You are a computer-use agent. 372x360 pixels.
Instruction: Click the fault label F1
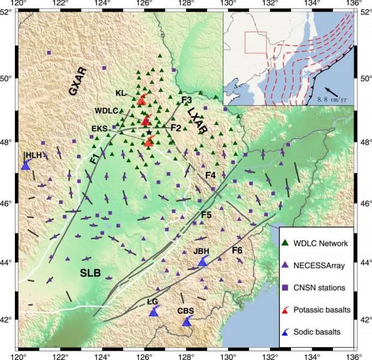click(94, 159)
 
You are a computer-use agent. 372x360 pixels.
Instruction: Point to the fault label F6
click(237, 251)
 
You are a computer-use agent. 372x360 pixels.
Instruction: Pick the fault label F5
click(206, 214)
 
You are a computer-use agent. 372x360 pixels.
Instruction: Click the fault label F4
click(210, 176)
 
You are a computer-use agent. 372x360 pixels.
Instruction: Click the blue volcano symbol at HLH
click(26, 165)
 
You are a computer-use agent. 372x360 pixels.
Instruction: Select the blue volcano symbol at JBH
click(202, 262)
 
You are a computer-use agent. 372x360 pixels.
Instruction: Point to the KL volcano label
click(121, 93)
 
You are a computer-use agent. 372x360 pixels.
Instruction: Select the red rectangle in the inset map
click(255, 42)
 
